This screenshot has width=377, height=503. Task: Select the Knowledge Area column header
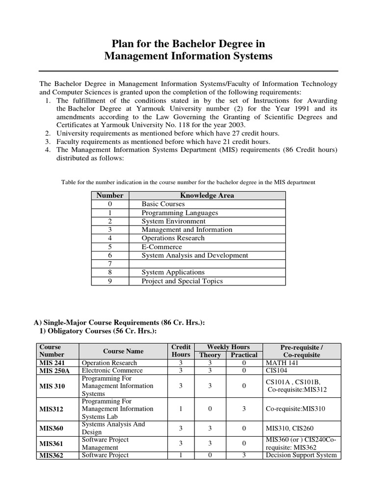pyautogui.click(x=207, y=196)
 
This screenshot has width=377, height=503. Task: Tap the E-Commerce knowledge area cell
pyautogui.click(x=162, y=247)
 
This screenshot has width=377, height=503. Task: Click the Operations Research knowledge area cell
pyautogui.click(x=173, y=238)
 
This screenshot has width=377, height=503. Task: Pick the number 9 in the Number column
pyautogui.click(x=110, y=281)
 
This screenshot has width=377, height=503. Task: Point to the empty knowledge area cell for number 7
pyautogui.click(x=207, y=264)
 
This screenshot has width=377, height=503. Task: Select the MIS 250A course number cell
pyautogui.click(x=55, y=371)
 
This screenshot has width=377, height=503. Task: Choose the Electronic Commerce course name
pyautogui.click(x=109, y=371)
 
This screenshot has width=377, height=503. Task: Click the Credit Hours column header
pyautogui.click(x=181, y=351)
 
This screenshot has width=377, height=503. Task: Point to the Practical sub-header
pyautogui.click(x=244, y=355)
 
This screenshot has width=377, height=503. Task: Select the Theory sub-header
pyautogui.click(x=209, y=355)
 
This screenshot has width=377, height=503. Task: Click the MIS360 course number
pyautogui.click(x=52, y=428)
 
